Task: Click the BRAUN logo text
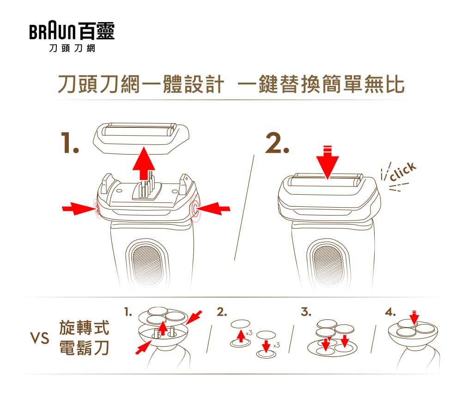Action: (x=53, y=31)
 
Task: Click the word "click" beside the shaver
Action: (x=403, y=171)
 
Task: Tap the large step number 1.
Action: (x=70, y=143)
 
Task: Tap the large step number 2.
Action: (x=277, y=143)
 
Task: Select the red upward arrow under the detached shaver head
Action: (x=144, y=163)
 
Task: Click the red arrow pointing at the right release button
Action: (x=213, y=209)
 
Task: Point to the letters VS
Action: (x=39, y=338)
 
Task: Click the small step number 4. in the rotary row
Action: (x=390, y=311)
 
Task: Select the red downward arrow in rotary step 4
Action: (x=414, y=317)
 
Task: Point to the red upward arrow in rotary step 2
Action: (x=241, y=336)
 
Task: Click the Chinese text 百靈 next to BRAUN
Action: (x=97, y=31)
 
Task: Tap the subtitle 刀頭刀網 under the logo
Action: (x=72, y=48)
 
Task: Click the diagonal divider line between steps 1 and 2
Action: (x=244, y=208)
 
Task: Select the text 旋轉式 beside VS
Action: (x=84, y=328)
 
